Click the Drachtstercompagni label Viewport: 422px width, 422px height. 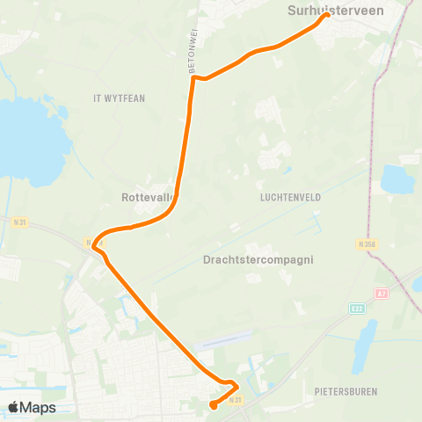(x=258, y=260)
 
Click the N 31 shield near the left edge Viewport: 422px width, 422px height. (x=21, y=222)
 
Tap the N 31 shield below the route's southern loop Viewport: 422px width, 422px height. (x=235, y=401)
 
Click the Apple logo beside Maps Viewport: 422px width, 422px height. (x=14, y=407)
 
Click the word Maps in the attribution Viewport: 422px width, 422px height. (x=39, y=407)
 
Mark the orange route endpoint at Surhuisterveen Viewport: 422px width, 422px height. (x=327, y=14)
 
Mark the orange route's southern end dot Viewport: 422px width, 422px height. (x=213, y=405)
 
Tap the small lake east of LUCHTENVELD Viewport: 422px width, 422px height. (x=398, y=180)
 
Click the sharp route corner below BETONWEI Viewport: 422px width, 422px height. (x=193, y=77)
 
